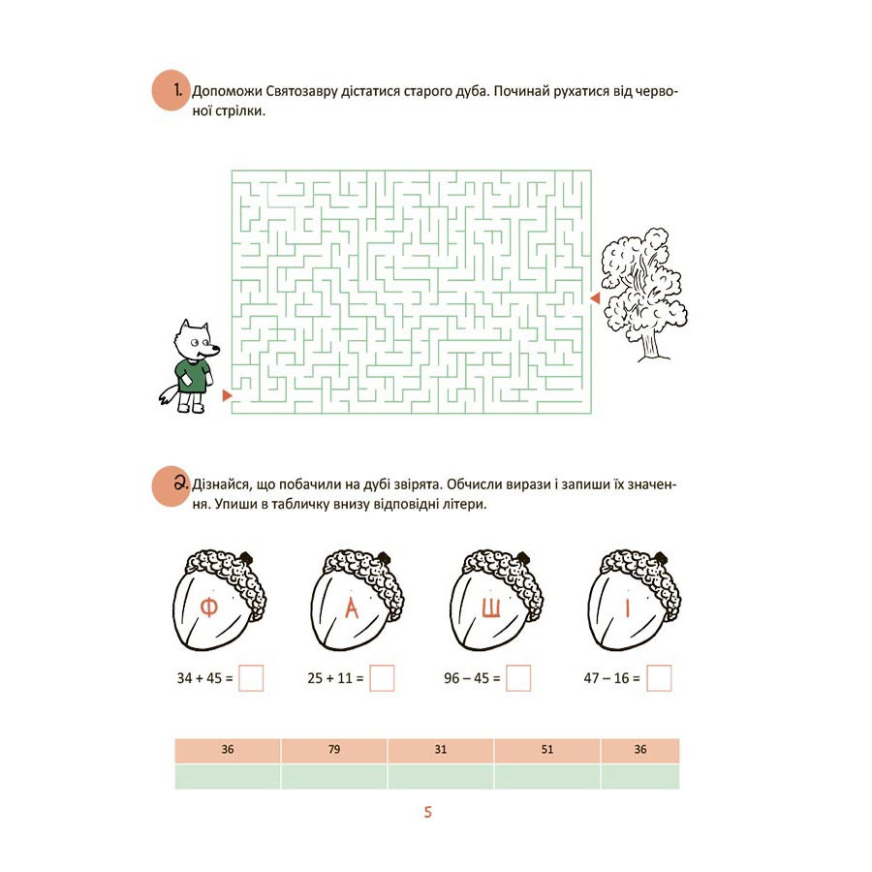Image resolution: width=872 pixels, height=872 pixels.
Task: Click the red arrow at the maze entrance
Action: [x=227, y=395]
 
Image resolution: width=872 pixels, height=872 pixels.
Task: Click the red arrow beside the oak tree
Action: [x=596, y=298]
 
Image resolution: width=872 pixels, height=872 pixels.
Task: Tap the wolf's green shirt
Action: [x=193, y=376]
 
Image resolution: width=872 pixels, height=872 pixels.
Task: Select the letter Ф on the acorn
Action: [x=208, y=607]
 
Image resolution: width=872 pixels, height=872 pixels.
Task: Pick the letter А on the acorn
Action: [x=352, y=607]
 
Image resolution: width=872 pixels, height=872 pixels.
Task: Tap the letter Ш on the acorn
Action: [x=490, y=607]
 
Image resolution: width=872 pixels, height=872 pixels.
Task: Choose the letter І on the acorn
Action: [x=628, y=607]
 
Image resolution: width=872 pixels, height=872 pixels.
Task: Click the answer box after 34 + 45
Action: [x=251, y=678]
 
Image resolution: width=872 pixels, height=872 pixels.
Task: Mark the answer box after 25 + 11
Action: [x=382, y=678]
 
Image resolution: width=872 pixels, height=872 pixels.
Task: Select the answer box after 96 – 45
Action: [x=518, y=678]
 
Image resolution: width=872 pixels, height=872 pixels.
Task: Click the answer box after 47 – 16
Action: [x=659, y=678]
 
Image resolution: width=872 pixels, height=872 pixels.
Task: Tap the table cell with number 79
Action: [x=334, y=750]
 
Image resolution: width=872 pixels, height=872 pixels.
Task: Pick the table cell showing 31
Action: [x=441, y=750]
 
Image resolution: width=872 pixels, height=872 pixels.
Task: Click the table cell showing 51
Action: [x=547, y=750]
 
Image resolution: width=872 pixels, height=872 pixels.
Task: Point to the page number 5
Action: [x=427, y=812]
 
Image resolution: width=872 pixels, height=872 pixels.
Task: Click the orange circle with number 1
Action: [x=171, y=90]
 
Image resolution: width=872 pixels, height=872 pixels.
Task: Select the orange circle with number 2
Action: [x=171, y=486]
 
